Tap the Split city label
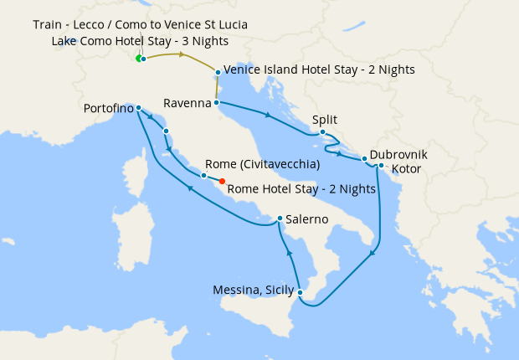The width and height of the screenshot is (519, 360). [324, 120]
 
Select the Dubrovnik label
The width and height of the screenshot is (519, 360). [398, 155]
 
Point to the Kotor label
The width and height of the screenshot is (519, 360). [406, 169]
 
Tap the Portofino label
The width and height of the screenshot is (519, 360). [108, 108]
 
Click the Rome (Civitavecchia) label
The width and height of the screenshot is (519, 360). [261, 164]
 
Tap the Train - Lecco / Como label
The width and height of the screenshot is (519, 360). [140, 23]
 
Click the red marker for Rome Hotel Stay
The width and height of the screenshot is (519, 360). [222, 181]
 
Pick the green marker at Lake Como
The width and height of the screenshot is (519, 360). [138, 59]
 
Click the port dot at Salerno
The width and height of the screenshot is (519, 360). [280, 219]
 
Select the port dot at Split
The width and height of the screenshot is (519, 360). [322, 131]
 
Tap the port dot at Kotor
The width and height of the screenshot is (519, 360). [381, 165]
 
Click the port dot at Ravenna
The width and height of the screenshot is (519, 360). [217, 103]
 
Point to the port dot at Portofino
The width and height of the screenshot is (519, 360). [138, 108]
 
